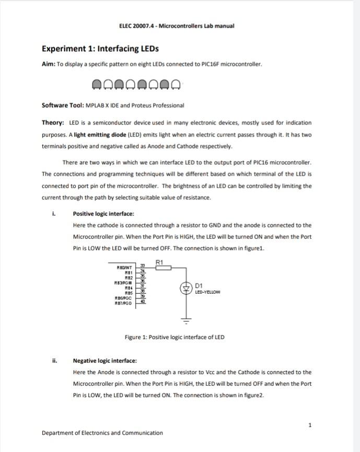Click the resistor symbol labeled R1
[163, 268]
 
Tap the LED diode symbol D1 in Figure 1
[184, 288]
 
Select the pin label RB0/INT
[124, 268]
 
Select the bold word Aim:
[48, 64]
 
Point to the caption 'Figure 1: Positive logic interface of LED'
[175, 337]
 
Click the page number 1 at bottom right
[310, 425]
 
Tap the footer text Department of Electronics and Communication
[102, 433]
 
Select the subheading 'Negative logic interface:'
[104, 361]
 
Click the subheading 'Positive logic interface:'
[103, 214]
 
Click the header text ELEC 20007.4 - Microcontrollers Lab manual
[177, 26]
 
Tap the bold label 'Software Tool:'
[62, 105]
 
